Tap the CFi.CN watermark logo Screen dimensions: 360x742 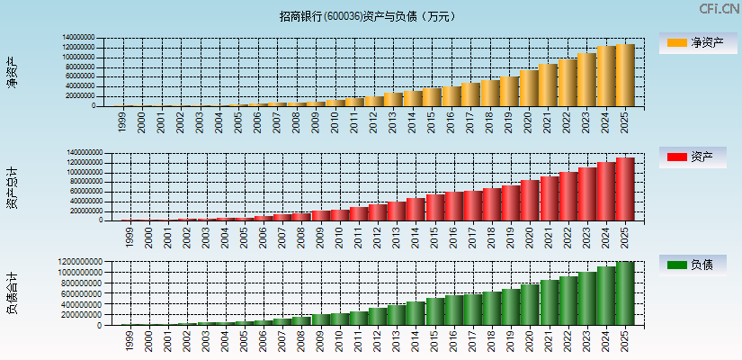[720, 8]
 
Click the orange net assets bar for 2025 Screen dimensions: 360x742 [625, 76]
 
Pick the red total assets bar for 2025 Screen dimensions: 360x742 [625, 190]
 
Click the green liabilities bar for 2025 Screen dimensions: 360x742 [625, 293]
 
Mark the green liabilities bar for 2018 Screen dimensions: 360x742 [491, 309]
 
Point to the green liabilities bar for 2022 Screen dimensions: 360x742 [568, 301]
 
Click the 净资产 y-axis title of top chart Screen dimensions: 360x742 [12, 72]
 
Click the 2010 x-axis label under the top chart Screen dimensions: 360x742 [335, 121]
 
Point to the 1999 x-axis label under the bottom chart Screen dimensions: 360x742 [130, 341]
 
